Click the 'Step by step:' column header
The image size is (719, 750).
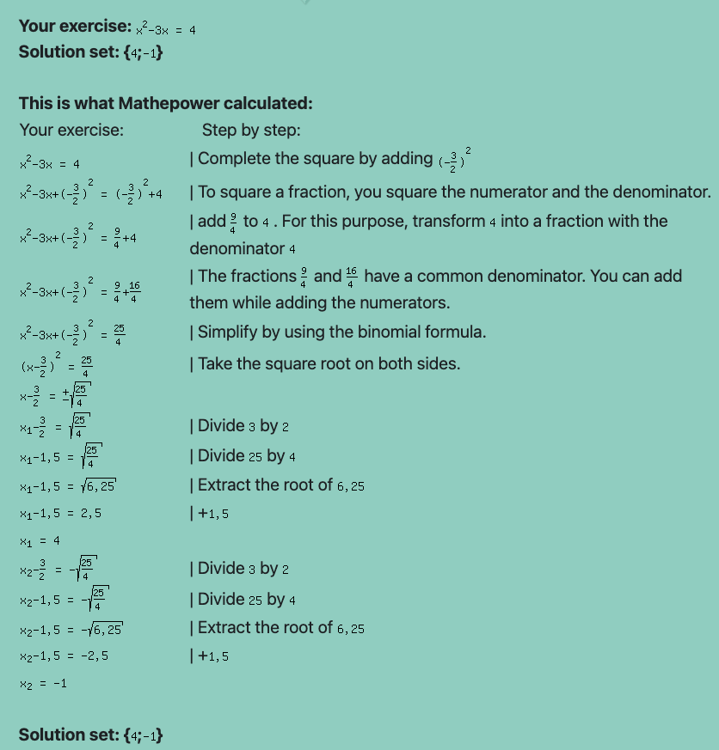coord(251,131)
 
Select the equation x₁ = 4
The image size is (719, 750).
coord(40,541)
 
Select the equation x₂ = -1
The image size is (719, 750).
coord(43,684)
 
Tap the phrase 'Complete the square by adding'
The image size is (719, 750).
coord(315,159)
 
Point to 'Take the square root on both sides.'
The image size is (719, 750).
coord(329,364)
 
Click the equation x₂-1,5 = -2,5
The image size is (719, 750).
coord(64,656)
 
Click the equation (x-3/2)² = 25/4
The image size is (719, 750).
coord(56,364)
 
